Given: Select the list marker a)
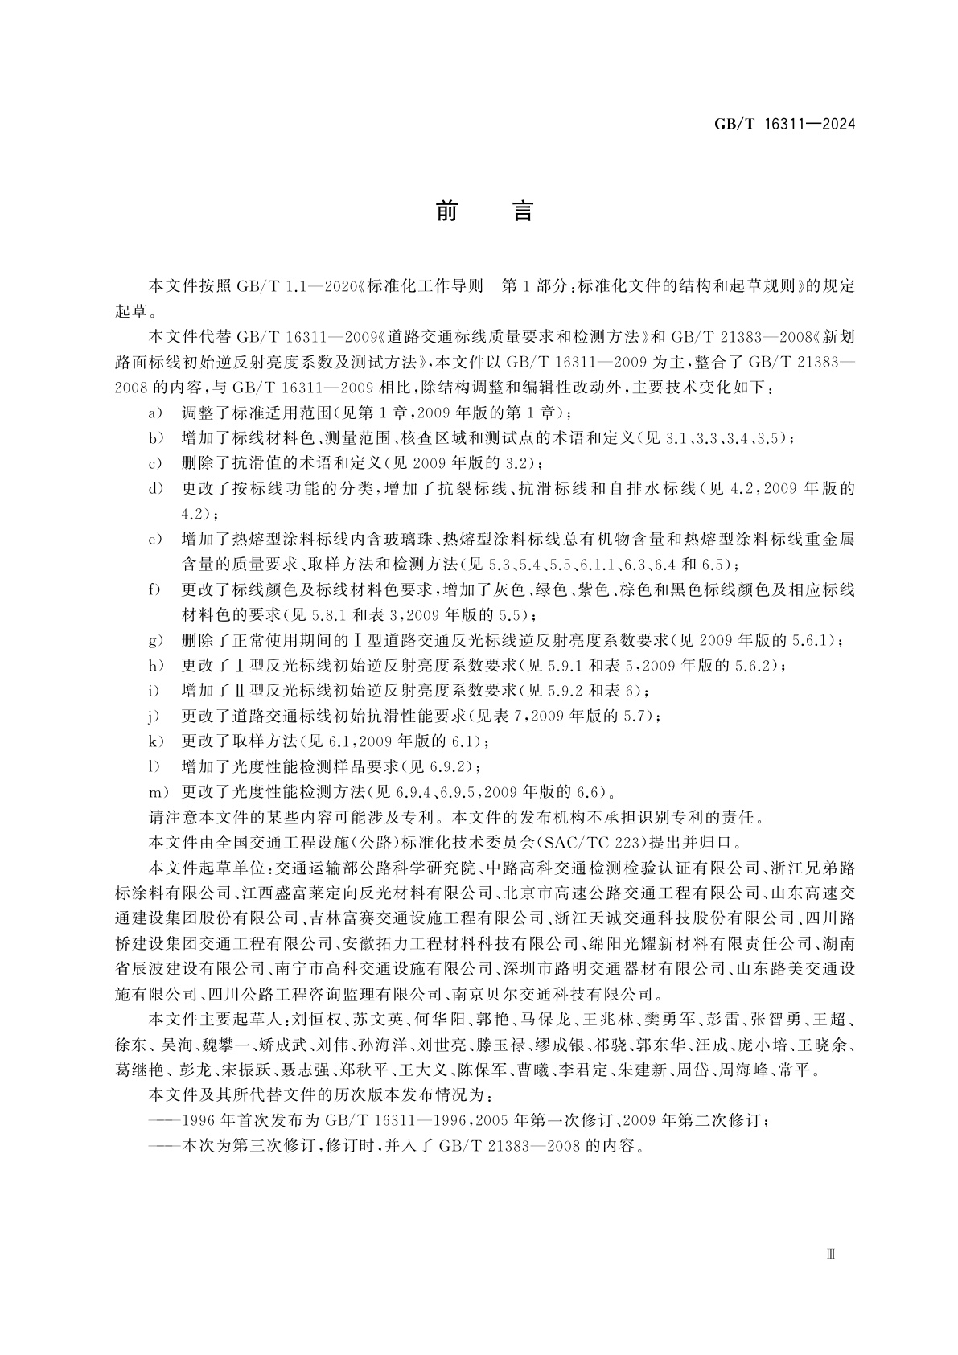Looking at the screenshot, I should (155, 413).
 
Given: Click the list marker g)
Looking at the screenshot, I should (155, 641).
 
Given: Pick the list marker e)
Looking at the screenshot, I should (155, 539).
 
